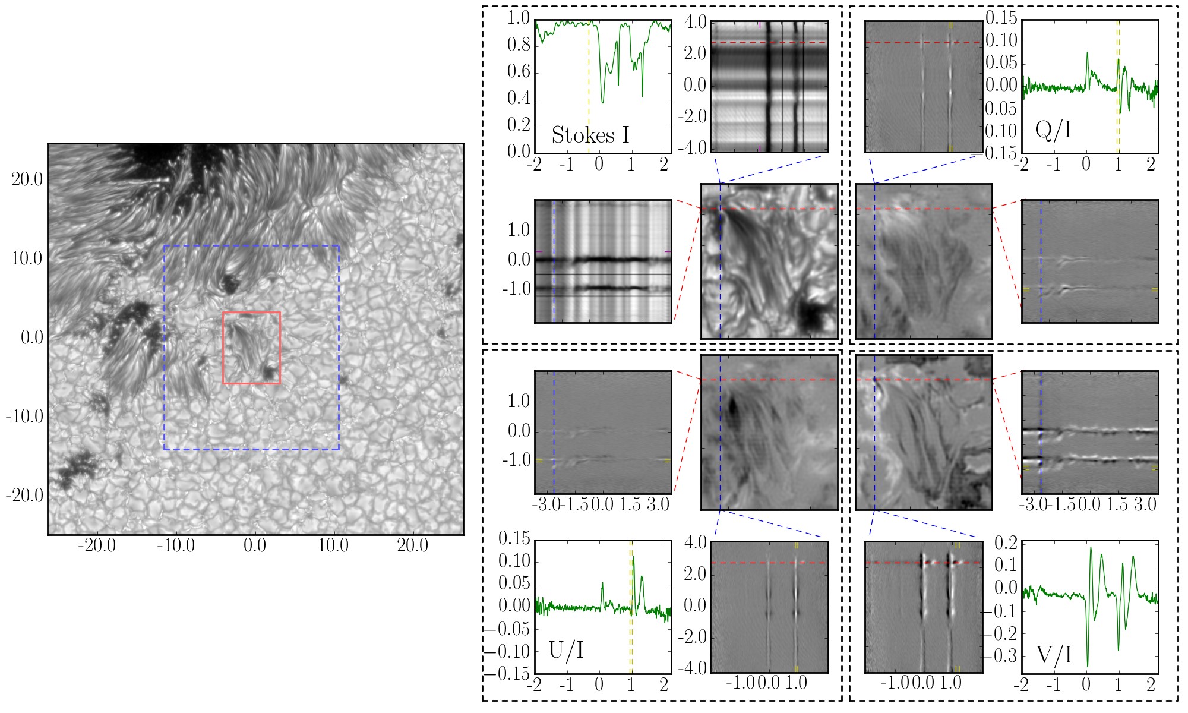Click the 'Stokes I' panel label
(x=590, y=135)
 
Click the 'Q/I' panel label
(x=1053, y=130)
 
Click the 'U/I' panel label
(x=566, y=651)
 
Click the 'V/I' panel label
(x=1054, y=655)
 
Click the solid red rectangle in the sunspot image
(x=251, y=313)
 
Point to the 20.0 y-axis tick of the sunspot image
(x=27, y=180)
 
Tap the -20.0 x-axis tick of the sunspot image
(x=97, y=546)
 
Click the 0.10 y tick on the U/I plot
(x=514, y=561)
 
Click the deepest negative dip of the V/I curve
(x=1088, y=665)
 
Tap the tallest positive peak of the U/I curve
(x=634, y=557)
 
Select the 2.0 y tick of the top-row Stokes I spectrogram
(x=695, y=54)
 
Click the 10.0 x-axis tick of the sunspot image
(x=333, y=546)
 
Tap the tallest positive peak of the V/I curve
(x=1091, y=548)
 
